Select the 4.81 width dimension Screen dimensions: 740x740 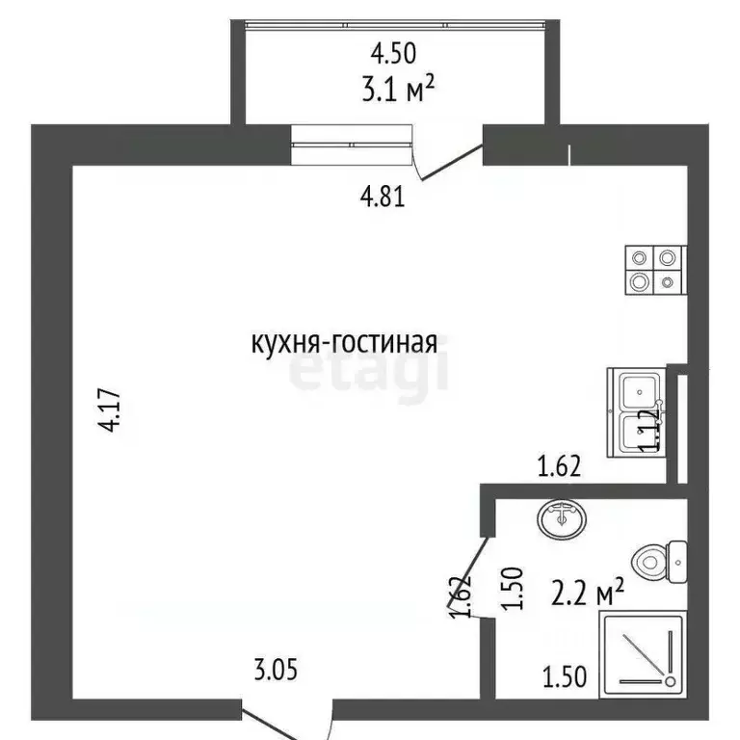click(381, 198)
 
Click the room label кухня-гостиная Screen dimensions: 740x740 click(344, 343)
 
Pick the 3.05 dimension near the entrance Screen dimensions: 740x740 click(278, 668)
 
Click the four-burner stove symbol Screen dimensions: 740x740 click(654, 269)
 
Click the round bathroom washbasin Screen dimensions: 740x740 click(561, 519)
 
